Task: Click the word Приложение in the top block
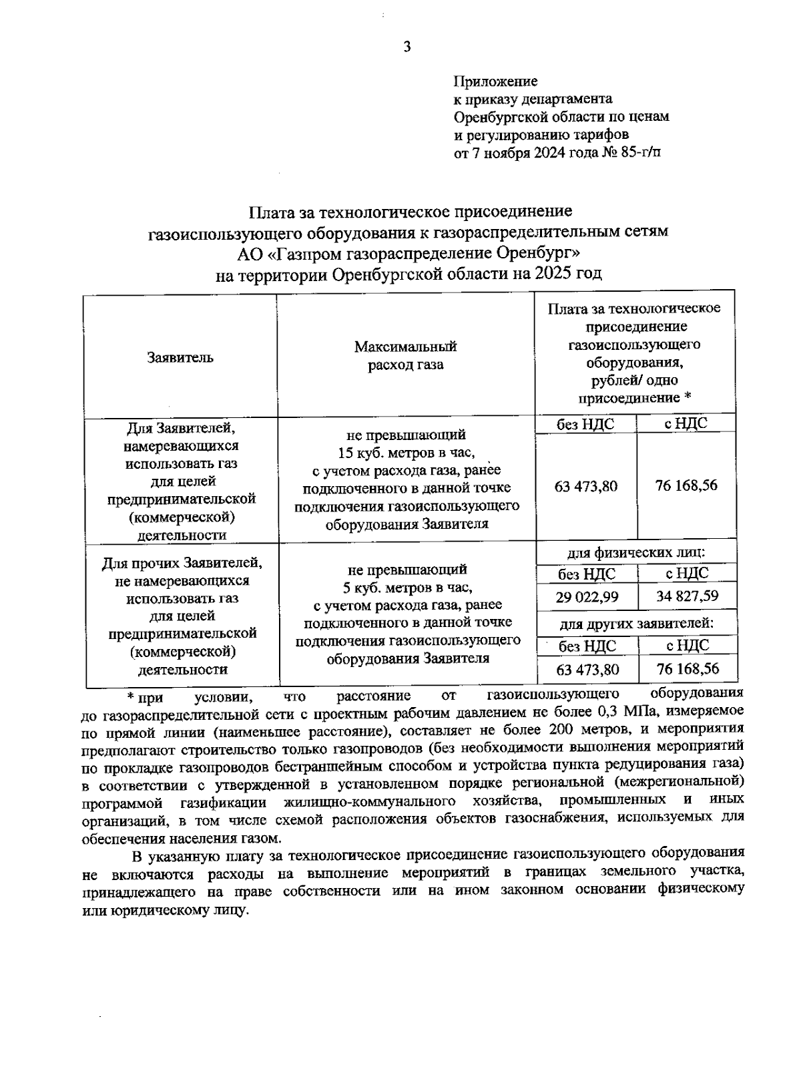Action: (495, 81)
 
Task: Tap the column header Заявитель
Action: (180, 357)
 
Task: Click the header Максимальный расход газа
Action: (406, 355)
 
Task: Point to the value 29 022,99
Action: (587, 597)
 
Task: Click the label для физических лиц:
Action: (636, 554)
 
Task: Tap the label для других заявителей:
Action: (636, 624)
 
